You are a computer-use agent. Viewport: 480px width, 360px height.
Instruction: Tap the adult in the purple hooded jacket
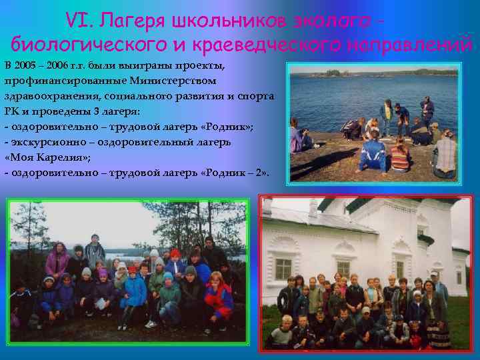pyautogui.click(x=56, y=260)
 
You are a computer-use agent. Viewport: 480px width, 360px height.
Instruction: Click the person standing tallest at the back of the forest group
pyautogui.click(x=95, y=249)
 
